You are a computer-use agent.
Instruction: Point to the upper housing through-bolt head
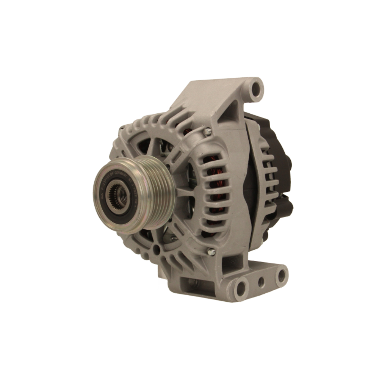pyautogui.click(x=208, y=132)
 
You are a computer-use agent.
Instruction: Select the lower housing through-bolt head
pyautogui.click(x=211, y=252)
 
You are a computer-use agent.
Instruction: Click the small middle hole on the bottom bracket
pyautogui.click(x=261, y=282)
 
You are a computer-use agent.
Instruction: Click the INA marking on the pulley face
pyautogui.click(x=102, y=196)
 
